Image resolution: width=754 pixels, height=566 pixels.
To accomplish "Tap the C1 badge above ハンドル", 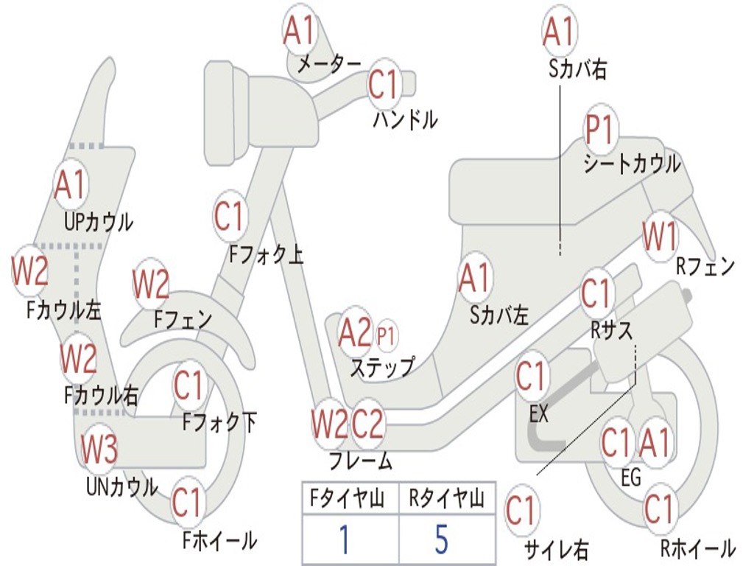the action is click(x=384, y=84).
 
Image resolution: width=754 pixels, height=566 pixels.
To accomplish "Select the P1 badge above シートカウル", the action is click(x=600, y=130).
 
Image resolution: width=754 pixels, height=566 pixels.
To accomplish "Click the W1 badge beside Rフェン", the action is click(x=660, y=237).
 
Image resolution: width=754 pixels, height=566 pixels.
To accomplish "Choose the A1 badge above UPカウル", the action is click(x=70, y=185).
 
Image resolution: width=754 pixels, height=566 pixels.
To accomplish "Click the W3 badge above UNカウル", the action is click(x=99, y=449).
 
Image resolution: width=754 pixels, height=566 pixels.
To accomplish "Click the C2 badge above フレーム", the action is click(x=367, y=423).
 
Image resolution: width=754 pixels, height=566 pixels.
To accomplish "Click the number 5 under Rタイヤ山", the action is click(x=442, y=539).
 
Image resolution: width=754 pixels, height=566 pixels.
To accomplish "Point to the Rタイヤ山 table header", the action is click(x=446, y=500).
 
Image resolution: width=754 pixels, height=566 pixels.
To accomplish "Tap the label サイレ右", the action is click(x=557, y=549).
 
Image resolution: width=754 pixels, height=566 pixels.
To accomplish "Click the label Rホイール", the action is click(x=697, y=548).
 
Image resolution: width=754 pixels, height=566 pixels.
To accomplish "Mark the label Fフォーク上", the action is click(x=266, y=255).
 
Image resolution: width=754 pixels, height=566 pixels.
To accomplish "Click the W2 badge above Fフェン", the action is click(x=152, y=284).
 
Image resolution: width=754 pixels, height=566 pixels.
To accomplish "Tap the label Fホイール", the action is click(x=219, y=540).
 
